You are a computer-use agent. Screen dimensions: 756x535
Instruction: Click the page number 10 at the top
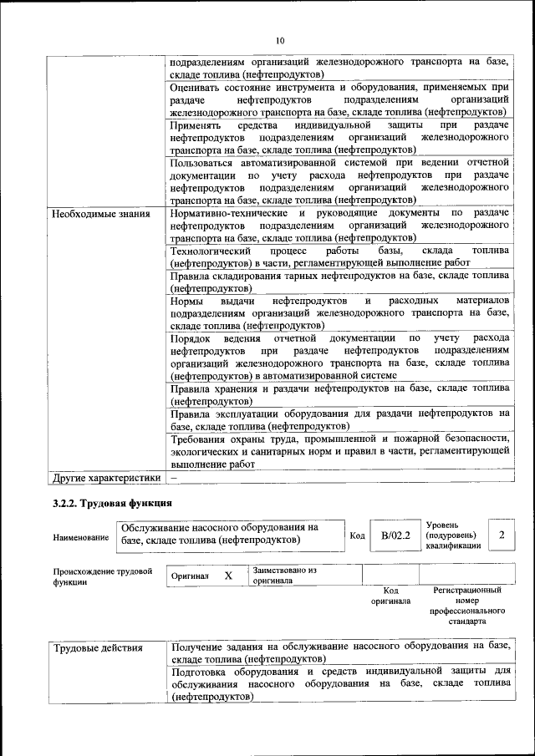click(x=280, y=39)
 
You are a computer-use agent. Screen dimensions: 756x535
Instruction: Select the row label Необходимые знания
click(x=100, y=214)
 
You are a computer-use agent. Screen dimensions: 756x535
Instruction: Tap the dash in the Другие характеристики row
click(x=174, y=478)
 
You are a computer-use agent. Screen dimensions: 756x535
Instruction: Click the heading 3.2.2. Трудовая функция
click(x=112, y=503)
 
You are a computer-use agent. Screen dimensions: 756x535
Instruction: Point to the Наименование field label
click(x=80, y=536)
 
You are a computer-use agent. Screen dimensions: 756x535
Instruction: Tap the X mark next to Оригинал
click(x=227, y=576)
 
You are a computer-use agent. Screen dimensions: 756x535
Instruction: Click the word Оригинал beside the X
click(x=190, y=576)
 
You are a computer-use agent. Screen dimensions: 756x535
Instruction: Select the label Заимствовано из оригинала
click(x=285, y=575)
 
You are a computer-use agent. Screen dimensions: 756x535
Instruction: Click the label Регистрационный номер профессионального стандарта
click(x=467, y=606)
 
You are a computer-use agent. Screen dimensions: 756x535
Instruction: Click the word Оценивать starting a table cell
click(x=197, y=86)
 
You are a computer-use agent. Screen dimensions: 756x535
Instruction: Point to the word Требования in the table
click(x=201, y=439)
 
